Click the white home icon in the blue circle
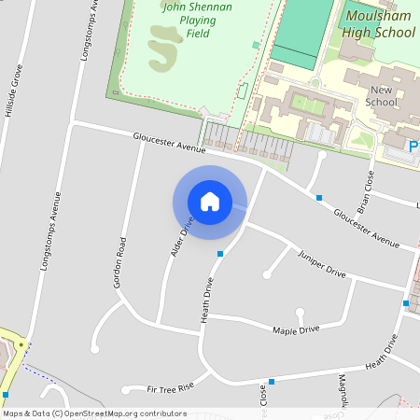(x=210, y=201)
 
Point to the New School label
(x=382, y=94)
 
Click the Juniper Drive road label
(x=322, y=263)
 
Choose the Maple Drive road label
(x=296, y=329)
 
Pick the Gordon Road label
(x=120, y=261)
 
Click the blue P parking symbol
(x=414, y=145)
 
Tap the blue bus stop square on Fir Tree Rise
(x=272, y=381)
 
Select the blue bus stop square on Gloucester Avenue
(x=319, y=197)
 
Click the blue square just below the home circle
(x=220, y=253)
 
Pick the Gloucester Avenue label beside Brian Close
(x=360, y=225)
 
